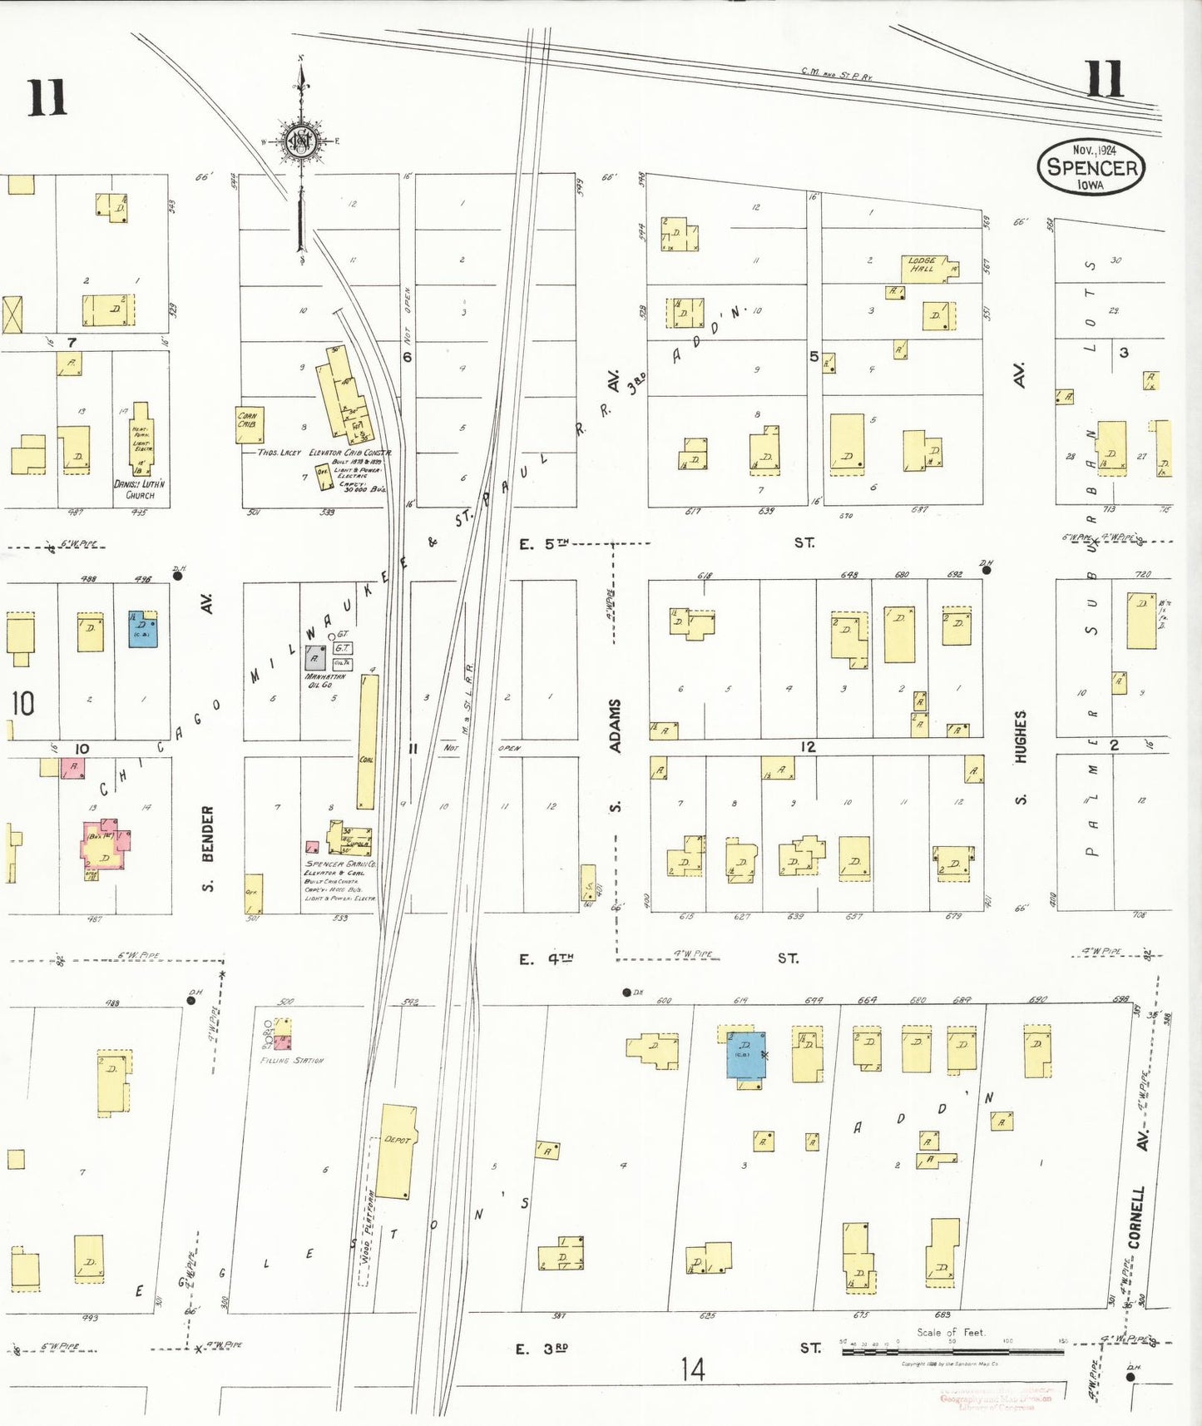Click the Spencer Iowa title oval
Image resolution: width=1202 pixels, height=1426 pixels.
[x=1091, y=166]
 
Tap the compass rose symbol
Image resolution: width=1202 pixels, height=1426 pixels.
[x=299, y=142]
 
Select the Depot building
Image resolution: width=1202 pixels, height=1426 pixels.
[x=396, y=1151]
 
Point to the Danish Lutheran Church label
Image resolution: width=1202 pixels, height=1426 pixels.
[x=139, y=489]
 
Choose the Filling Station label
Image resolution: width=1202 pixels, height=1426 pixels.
[x=292, y=1061]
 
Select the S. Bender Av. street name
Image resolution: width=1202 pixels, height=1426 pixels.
[x=208, y=848]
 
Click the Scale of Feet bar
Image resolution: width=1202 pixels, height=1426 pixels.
[x=952, y=1352]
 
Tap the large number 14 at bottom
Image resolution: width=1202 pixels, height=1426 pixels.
[x=692, y=1369]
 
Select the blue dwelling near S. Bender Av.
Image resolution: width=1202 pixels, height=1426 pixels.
[x=143, y=630]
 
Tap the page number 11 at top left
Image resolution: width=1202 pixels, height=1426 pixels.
[x=47, y=98]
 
